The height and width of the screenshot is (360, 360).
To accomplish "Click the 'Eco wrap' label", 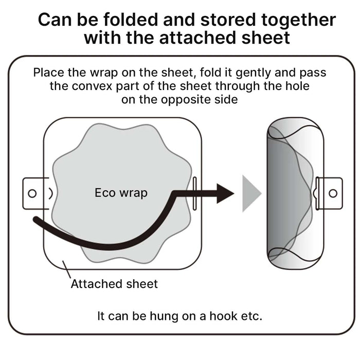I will pos(121,193).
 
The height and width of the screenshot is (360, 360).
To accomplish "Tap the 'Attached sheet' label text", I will pos(114,283).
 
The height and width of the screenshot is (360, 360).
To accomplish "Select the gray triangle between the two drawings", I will pos(251,193).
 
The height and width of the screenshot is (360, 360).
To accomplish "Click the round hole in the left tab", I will pos(32,193).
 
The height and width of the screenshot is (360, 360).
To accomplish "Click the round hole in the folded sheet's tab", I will pos(332,193).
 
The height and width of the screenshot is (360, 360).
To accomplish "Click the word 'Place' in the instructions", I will pos(49,73).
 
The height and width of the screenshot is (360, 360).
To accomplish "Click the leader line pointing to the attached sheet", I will pos(65,270).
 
